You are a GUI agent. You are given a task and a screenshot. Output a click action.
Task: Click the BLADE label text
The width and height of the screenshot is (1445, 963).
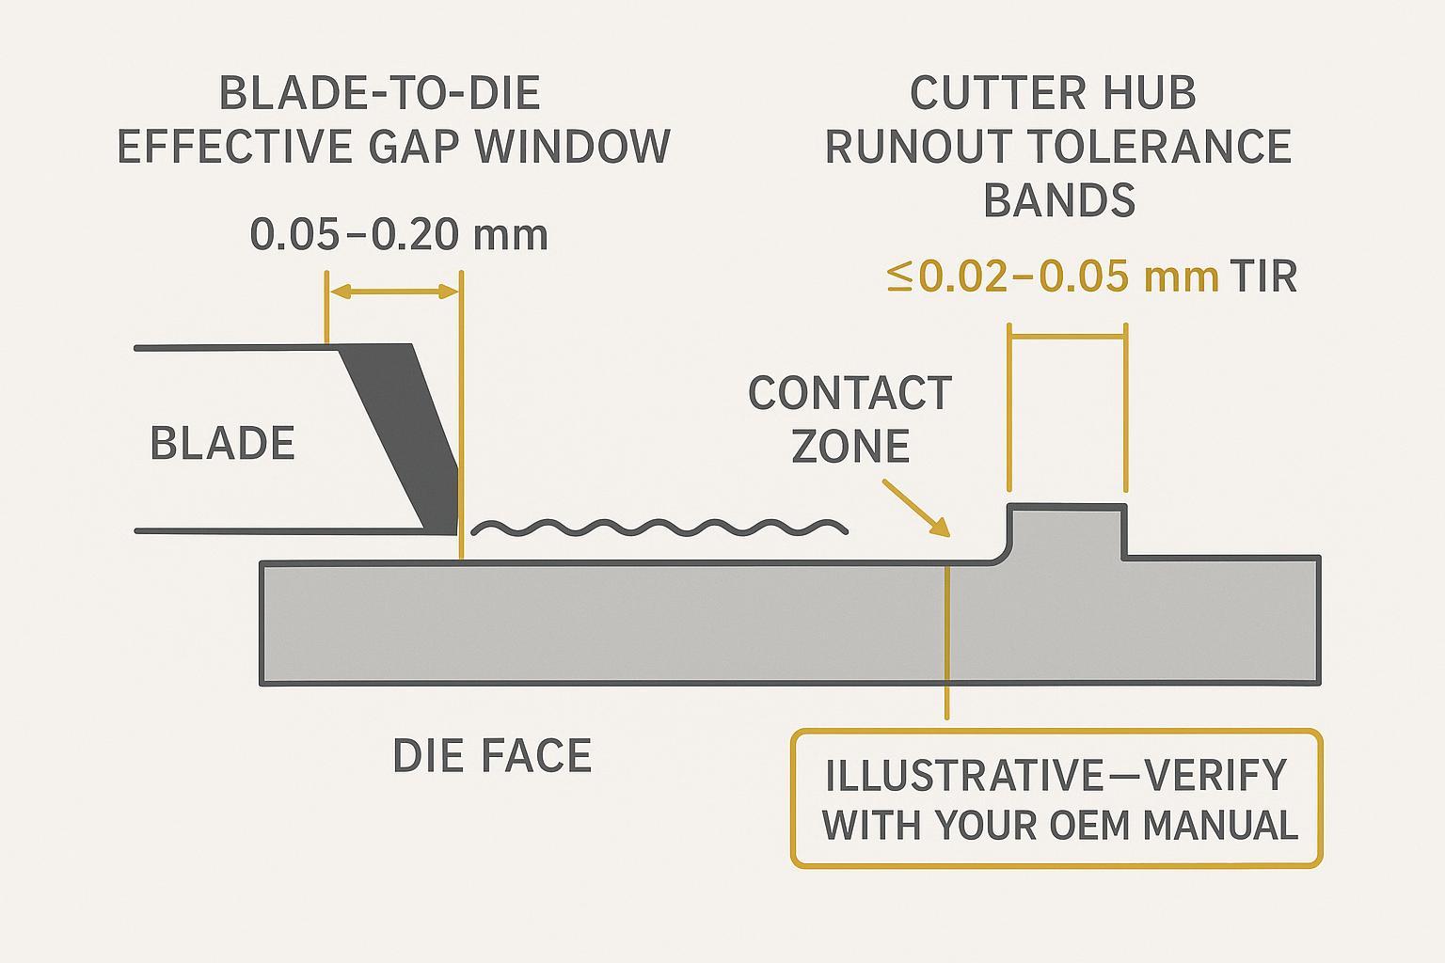[x=222, y=444]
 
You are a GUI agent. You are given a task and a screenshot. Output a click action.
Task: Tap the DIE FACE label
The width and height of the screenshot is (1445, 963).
[x=492, y=756]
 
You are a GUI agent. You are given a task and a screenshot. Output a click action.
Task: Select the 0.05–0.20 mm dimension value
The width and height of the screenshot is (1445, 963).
[x=399, y=234]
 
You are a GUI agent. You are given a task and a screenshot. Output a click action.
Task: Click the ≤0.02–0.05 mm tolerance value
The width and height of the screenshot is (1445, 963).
[x=1053, y=277]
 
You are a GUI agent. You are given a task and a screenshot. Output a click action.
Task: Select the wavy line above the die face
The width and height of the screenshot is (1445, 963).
[x=659, y=529]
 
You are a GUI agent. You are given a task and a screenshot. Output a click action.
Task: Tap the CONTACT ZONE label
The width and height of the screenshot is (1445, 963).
[x=850, y=419]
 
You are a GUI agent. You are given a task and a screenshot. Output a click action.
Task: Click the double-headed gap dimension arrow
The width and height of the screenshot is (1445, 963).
[x=393, y=292]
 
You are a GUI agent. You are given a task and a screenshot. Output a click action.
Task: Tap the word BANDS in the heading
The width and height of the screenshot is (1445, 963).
[x=1058, y=201]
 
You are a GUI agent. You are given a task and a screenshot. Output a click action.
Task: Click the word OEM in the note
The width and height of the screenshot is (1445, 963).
[x=1086, y=826]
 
